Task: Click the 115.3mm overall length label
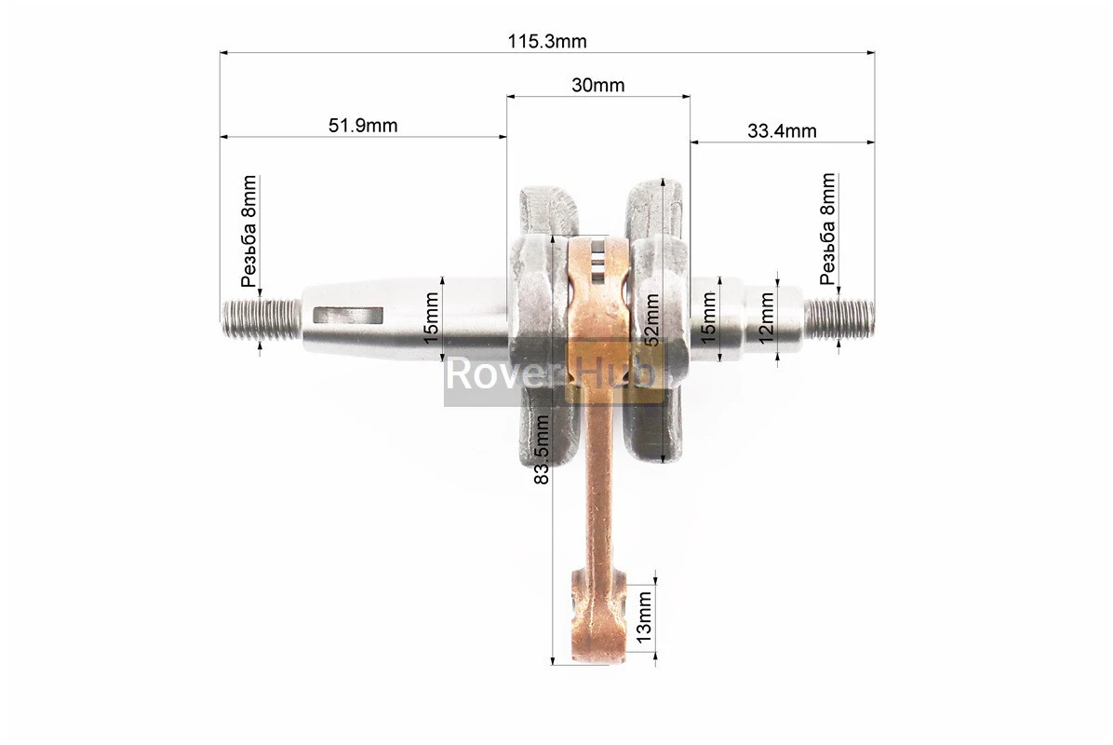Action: click(x=546, y=41)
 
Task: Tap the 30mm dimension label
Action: click(x=597, y=86)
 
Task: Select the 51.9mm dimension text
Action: click(x=363, y=126)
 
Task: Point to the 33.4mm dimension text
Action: click(x=782, y=130)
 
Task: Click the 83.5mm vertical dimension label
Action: click(x=542, y=450)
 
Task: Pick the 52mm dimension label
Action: click(x=651, y=319)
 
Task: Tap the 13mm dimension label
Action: click(x=643, y=617)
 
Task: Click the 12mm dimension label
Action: click(x=766, y=318)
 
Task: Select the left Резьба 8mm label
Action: click(x=248, y=231)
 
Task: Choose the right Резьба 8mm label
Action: click(x=827, y=229)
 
